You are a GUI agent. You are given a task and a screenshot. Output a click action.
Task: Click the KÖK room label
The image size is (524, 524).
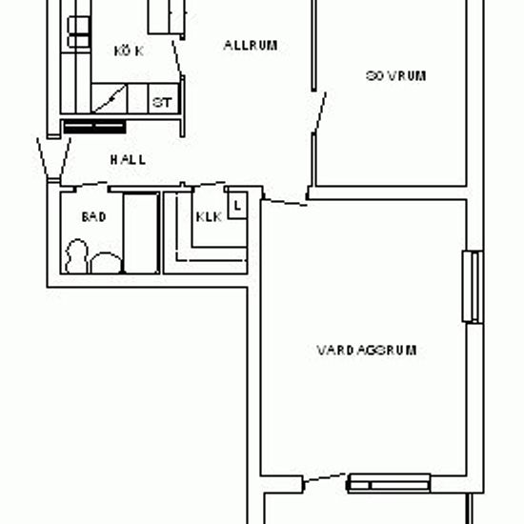click(x=128, y=50)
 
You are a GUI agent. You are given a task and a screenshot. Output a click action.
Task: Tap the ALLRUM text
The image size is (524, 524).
click(x=251, y=45)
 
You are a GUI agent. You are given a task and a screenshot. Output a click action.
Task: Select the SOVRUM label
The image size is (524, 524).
click(x=394, y=76)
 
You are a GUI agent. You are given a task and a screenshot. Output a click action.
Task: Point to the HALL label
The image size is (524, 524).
click(x=127, y=160)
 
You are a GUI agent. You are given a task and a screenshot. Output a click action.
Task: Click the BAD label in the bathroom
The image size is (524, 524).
click(x=93, y=217)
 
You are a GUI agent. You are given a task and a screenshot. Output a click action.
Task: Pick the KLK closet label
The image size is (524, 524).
click(x=208, y=217)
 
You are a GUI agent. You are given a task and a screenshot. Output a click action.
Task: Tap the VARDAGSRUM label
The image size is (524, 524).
click(x=366, y=350)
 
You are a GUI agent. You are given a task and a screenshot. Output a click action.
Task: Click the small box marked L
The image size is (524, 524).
click(x=237, y=203)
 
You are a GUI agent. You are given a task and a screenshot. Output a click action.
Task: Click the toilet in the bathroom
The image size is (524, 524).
click(x=77, y=255)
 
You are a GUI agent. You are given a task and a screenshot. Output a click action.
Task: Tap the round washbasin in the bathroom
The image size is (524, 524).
click(x=105, y=262)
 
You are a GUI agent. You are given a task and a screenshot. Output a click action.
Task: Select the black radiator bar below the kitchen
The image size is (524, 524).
click(x=93, y=126)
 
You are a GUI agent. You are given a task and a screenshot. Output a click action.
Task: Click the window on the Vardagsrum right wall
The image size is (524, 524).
click(x=470, y=287)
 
